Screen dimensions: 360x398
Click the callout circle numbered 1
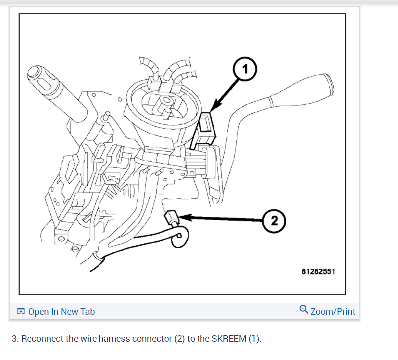244,69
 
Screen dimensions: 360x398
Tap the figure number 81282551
318,272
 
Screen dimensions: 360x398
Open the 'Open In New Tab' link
61,312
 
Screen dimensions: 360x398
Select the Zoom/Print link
333,312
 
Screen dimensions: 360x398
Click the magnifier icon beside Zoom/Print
304,309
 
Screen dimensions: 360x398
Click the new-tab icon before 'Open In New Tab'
21,312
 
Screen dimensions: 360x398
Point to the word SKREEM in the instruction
229,339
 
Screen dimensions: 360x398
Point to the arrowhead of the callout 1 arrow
212,109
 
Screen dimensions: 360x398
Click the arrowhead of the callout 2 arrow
180,217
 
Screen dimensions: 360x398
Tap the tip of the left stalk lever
35,73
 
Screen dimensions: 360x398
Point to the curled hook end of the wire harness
180,237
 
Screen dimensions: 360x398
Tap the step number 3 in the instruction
14,339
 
